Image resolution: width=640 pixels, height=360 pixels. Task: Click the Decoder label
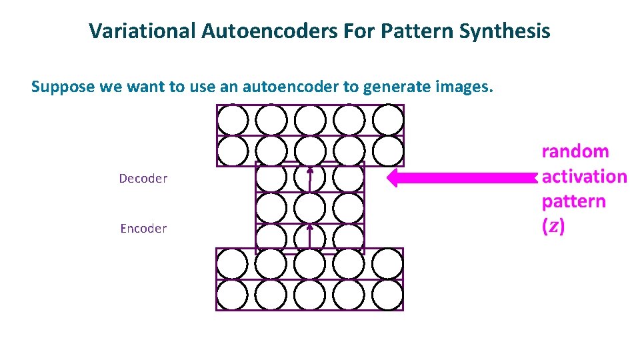pyautogui.click(x=143, y=179)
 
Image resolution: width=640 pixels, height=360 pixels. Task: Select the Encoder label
pyautogui.click(x=143, y=229)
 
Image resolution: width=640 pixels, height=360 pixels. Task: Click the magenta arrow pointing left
pyautogui.click(x=460, y=178)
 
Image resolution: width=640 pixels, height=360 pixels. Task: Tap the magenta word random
pyautogui.click(x=575, y=151)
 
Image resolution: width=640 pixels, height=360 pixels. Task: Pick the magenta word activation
pyautogui.click(x=584, y=177)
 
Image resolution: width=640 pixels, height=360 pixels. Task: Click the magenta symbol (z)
pyautogui.click(x=554, y=227)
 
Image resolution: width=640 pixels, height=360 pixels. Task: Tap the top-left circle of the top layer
pyautogui.click(x=232, y=121)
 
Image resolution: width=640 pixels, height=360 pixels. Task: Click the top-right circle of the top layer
pyautogui.click(x=388, y=121)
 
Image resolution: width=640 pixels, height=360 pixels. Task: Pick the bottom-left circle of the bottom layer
pyautogui.click(x=232, y=295)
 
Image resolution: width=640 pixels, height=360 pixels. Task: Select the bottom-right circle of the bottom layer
pyautogui.click(x=388, y=295)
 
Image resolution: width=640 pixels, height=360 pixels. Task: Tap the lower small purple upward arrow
pyautogui.click(x=310, y=237)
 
